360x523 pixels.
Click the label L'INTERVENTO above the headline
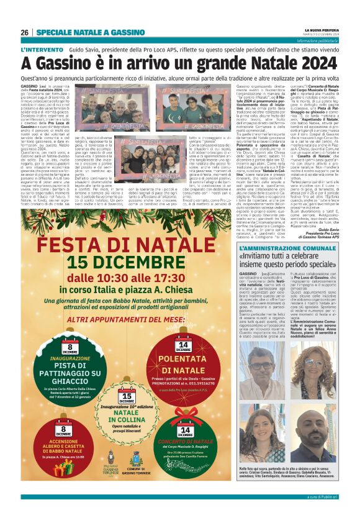point(42,49)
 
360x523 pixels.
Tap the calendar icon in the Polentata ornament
point(184,345)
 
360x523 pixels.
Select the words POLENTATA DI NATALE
point(184,369)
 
